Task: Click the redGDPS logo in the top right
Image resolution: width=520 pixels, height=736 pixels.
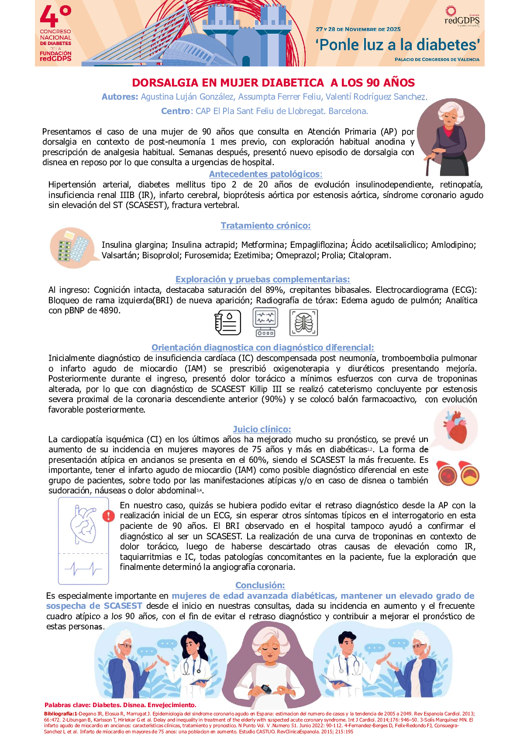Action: point(461,17)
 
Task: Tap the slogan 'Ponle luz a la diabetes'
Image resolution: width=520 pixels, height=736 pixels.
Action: point(398,45)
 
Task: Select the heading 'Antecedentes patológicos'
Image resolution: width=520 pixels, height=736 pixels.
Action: point(265,174)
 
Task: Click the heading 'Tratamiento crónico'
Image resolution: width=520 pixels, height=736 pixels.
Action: point(265,226)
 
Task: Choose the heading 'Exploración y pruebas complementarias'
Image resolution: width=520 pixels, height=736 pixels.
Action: point(262,279)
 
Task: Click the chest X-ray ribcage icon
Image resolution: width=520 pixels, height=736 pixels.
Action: point(303,323)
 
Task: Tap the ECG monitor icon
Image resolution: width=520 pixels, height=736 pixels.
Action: point(265,322)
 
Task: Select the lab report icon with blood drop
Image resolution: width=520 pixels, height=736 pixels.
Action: point(227,323)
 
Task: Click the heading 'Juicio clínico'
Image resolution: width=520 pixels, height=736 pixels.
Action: point(262,429)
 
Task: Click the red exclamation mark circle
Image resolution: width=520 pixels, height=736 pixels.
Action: point(108,516)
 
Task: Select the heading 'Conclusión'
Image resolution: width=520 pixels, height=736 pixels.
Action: point(260,585)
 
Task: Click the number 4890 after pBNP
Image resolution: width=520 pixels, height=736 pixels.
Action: point(109,311)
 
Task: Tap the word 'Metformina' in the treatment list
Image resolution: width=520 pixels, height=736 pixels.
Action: point(263,245)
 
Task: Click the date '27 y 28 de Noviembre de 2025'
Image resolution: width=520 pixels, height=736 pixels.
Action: point(358,29)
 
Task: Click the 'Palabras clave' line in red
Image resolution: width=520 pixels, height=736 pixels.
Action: point(120,705)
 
